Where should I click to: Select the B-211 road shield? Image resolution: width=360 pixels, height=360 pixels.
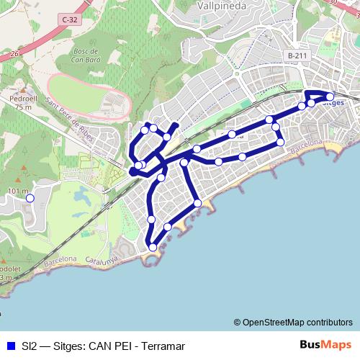coord(296,55)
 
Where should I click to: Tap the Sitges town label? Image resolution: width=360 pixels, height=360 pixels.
coord(336,103)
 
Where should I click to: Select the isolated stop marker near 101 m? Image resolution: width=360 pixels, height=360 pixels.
coord(30,197)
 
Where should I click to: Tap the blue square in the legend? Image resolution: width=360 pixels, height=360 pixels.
coord(9,346)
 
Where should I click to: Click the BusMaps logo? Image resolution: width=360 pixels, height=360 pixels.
coord(326,345)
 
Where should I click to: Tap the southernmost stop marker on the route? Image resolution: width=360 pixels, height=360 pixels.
coord(153,248)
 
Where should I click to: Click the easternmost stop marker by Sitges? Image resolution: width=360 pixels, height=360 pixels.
coord(330,96)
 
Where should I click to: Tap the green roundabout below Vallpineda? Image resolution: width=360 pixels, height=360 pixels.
coord(235,72)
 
